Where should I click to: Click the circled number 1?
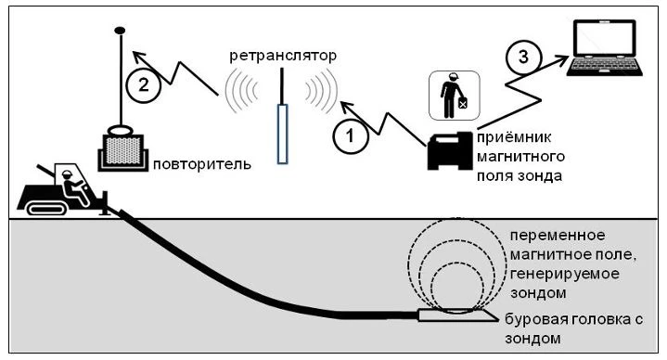point(350,136)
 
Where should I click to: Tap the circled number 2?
point(144,85)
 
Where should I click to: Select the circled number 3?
point(523,57)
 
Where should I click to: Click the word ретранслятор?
point(283,56)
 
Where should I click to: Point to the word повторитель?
point(202,164)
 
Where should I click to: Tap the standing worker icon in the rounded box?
point(454,96)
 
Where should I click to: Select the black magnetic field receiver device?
point(450,150)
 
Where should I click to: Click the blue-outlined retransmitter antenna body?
point(282,134)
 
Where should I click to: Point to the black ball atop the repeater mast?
point(120,31)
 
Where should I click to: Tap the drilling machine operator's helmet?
point(67,174)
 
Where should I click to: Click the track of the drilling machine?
point(46,209)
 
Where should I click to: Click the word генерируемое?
point(564,275)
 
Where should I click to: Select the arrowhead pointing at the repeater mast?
point(138,57)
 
